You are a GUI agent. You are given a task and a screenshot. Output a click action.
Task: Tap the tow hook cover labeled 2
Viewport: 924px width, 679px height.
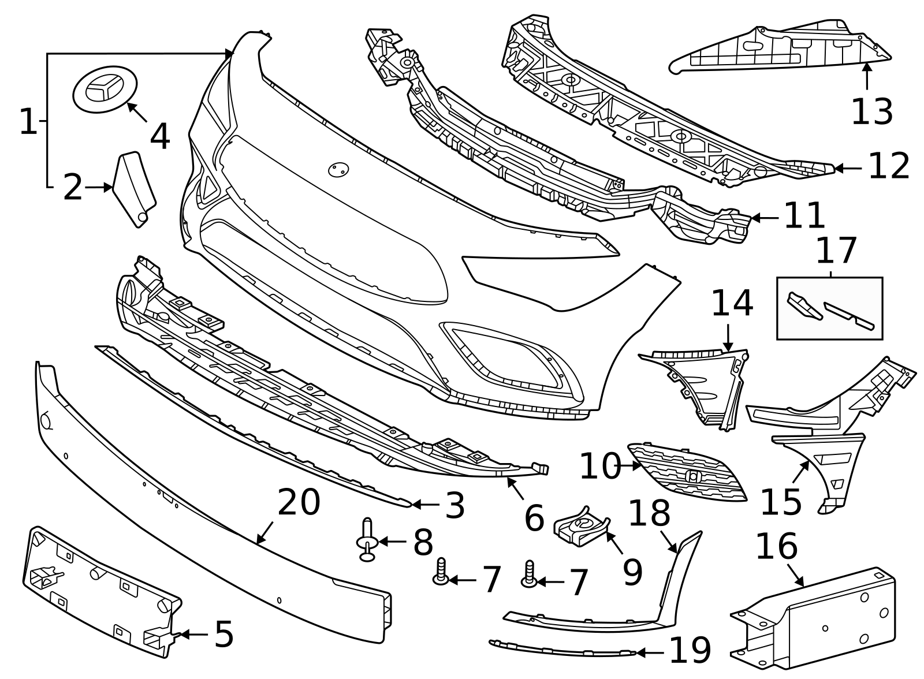(134, 189)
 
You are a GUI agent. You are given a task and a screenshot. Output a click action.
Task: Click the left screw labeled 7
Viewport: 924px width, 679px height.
(441, 572)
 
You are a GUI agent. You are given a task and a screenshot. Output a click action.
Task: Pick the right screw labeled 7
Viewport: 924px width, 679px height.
(528, 574)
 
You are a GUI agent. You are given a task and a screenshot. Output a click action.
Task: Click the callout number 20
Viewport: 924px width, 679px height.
(299, 502)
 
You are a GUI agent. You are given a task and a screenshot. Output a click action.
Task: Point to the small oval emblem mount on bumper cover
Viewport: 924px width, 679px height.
(338, 169)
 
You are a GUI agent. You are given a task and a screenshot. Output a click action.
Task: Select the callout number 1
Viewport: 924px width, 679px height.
(27, 122)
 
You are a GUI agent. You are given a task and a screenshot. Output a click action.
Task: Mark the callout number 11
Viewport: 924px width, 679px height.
(804, 216)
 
